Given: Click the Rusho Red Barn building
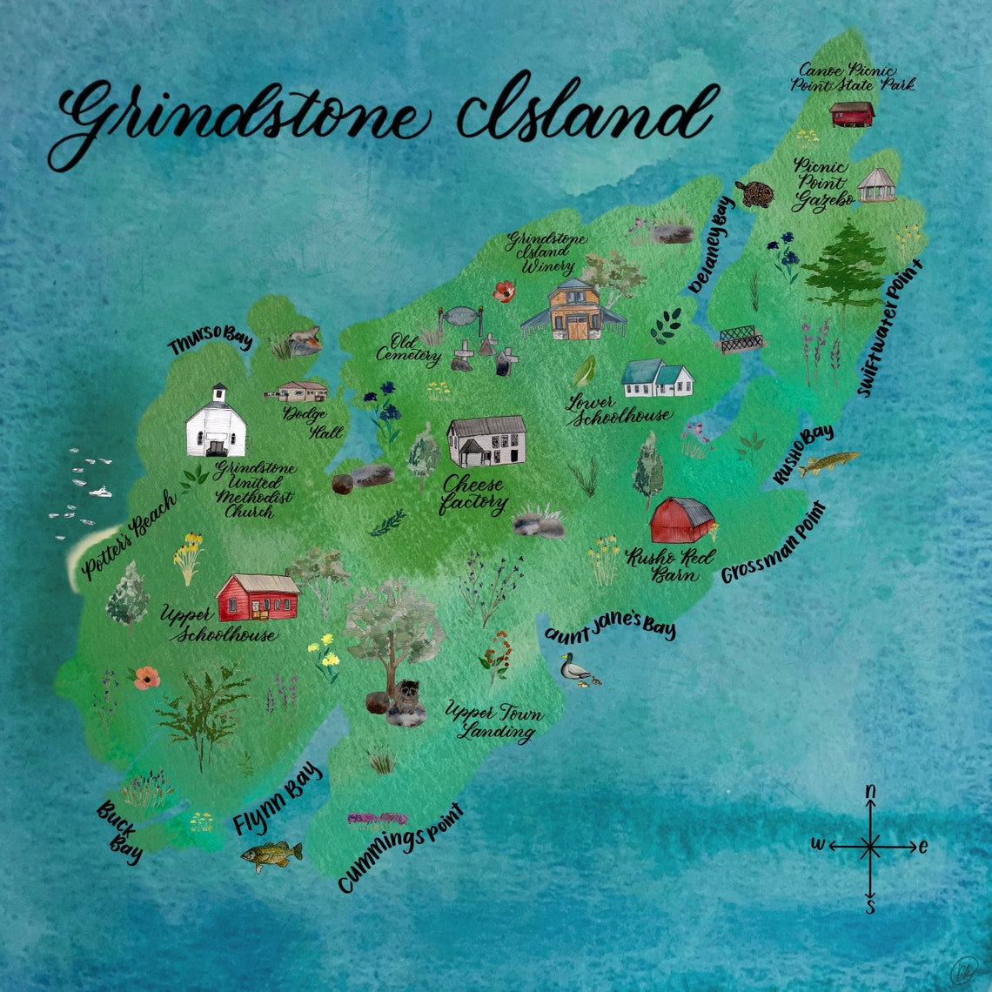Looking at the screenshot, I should (681, 520).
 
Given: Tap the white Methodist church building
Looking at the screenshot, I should (215, 424).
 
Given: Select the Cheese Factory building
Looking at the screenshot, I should (486, 441).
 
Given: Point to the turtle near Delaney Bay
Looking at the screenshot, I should (755, 193).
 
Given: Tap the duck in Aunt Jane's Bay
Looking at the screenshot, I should (574, 668).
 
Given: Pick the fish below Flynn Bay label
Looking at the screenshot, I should (271, 855).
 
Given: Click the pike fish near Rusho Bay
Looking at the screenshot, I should (828, 463).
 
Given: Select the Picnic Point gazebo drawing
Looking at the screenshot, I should (876, 184).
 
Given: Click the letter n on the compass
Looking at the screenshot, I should (869, 792).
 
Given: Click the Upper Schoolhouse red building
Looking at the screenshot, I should (258, 596).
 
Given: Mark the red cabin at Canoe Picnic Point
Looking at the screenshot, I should (852, 114).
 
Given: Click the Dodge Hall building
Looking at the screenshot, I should (300, 391).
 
